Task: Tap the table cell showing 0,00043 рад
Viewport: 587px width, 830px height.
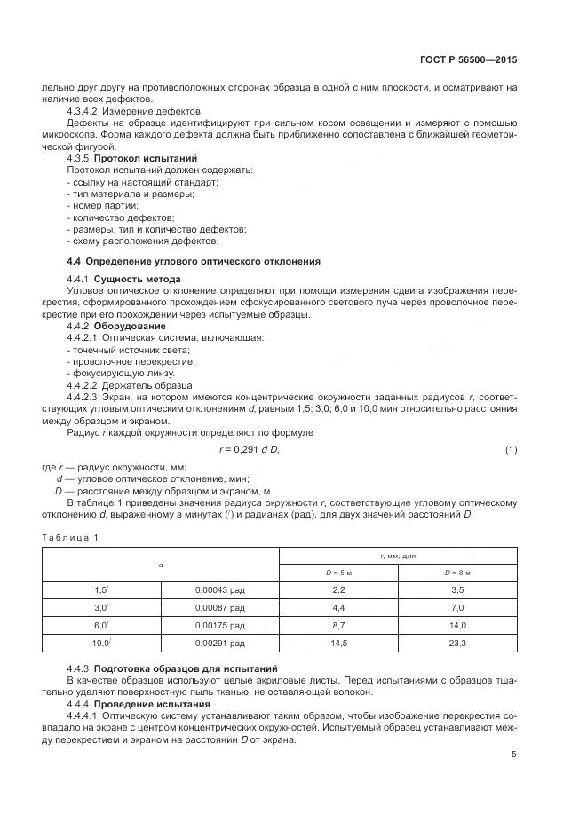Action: (219, 589)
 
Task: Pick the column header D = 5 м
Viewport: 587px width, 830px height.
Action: (338, 573)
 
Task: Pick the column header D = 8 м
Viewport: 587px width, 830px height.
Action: (458, 573)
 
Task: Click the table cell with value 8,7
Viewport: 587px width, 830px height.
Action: (338, 624)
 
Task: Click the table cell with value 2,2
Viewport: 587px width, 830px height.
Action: (338, 589)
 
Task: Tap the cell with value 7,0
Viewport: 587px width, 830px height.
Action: (458, 607)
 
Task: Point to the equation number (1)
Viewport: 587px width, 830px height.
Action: (511, 450)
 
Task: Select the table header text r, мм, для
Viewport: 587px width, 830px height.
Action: (398, 556)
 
